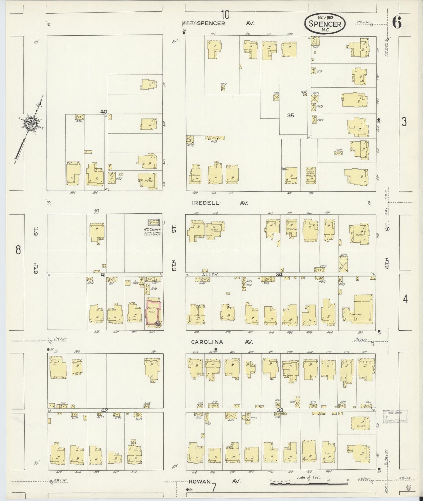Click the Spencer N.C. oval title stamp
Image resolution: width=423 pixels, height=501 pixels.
point(325,23)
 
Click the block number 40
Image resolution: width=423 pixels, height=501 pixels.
point(104,111)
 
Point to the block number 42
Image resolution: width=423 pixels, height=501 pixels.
point(105,410)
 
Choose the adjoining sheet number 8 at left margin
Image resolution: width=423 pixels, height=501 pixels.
point(18,250)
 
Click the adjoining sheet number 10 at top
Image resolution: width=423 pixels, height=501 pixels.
point(225,14)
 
